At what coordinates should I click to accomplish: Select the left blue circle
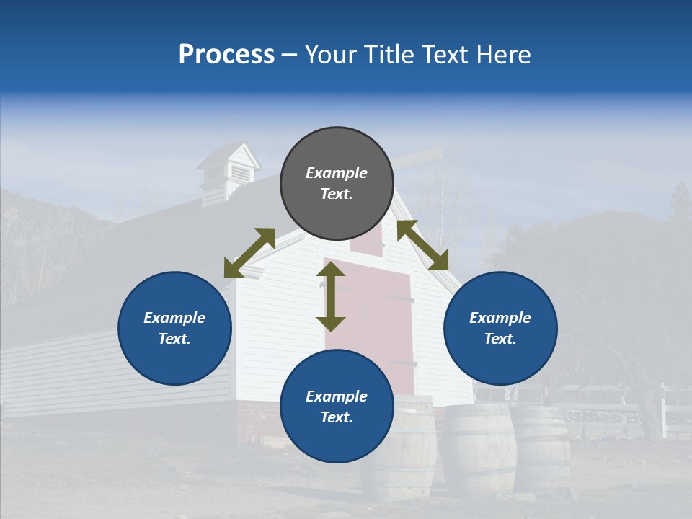click(x=174, y=328)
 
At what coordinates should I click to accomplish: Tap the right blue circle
click(x=500, y=328)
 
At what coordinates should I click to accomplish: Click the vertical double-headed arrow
click(x=331, y=296)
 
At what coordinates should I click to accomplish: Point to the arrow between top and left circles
click(x=249, y=253)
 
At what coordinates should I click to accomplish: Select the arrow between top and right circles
click(x=422, y=245)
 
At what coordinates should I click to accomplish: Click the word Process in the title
click(x=226, y=54)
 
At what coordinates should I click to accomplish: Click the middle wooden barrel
click(x=479, y=447)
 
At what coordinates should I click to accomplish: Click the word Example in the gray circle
click(x=337, y=173)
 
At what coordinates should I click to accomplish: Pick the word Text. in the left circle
click(x=174, y=339)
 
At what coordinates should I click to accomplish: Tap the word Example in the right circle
click(x=500, y=318)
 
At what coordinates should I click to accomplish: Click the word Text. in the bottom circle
click(x=337, y=417)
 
